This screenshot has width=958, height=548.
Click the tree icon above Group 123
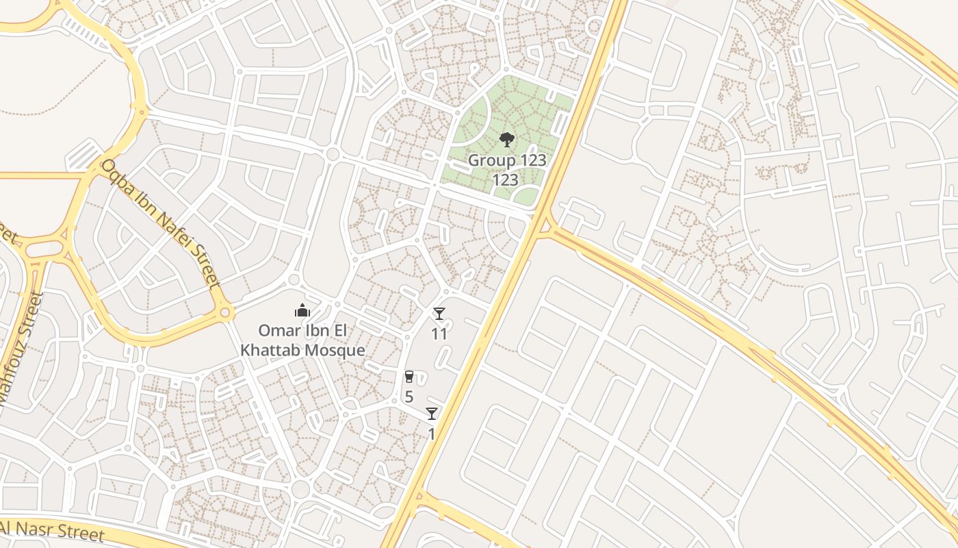click(506, 140)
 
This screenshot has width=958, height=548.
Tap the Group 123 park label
click(507, 170)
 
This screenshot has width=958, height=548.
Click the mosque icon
click(302, 311)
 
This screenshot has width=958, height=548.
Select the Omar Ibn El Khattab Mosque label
click(302, 340)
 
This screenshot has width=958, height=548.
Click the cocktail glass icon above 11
click(439, 314)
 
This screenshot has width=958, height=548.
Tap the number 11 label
click(439, 334)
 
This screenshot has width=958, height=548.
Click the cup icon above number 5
click(409, 377)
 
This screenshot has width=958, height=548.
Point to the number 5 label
click(409, 397)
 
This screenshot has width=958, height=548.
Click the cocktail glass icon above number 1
click(432, 414)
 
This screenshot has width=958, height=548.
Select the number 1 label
click(432, 434)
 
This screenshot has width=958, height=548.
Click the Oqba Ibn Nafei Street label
click(161, 223)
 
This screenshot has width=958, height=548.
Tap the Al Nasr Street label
click(51, 530)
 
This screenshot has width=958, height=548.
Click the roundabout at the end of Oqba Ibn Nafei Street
click(224, 314)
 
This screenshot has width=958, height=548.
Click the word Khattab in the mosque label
click(269, 351)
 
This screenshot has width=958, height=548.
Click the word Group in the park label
click(488, 160)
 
